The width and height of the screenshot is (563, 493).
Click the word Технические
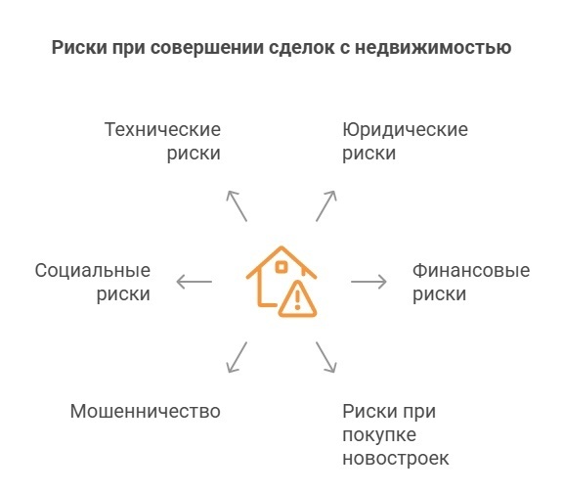click(162, 130)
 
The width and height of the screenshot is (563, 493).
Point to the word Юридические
click(405, 130)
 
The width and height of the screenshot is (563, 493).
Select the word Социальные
click(92, 270)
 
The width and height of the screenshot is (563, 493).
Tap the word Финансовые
click(470, 270)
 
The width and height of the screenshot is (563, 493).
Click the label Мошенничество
click(145, 411)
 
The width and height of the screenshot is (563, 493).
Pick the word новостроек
click(396, 458)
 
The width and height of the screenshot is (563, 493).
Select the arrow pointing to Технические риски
click(237, 205)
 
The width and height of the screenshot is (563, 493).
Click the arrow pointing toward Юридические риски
click(325, 205)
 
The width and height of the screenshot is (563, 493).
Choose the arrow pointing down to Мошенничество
click(237, 357)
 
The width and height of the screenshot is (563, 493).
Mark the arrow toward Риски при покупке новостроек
click(325, 357)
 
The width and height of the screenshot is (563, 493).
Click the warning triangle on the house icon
click(298, 298)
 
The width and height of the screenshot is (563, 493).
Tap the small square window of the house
click(281, 267)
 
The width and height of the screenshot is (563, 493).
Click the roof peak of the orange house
click(281, 247)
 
